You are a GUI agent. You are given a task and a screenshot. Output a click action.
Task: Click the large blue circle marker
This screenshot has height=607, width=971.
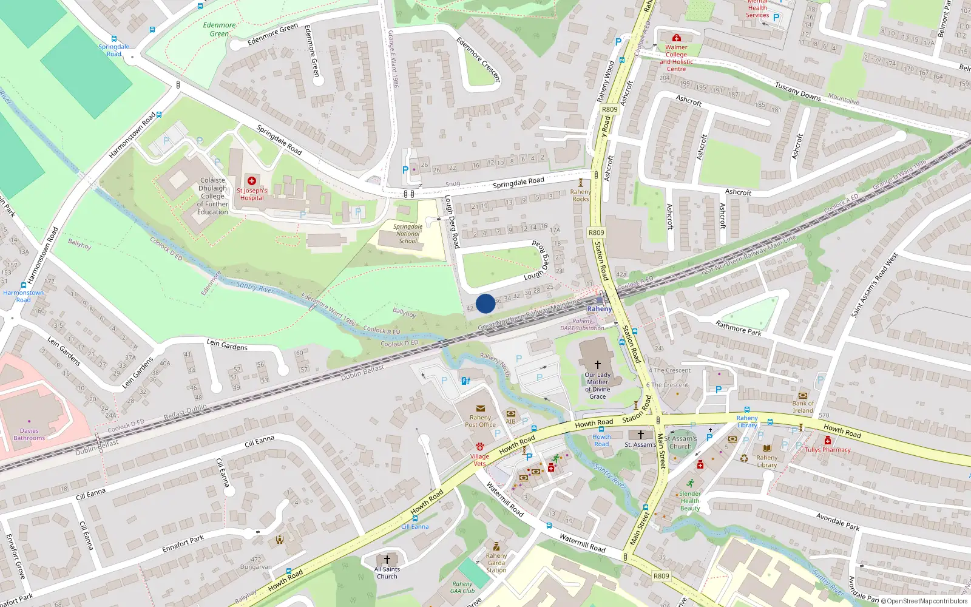pyautogui.click(x=485, y=303)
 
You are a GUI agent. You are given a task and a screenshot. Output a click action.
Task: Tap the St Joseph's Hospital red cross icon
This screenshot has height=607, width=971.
pyautogui.click(x=252, y=181)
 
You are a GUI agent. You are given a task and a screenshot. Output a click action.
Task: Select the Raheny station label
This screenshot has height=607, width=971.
pyautogui.click(x=600, y=309)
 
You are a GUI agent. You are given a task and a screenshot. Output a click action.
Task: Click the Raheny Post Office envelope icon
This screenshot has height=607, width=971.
pyautogui.click(x=481, y=409)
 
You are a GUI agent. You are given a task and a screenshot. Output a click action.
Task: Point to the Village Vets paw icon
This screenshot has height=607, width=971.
pyautogui.click(x=479, y=447)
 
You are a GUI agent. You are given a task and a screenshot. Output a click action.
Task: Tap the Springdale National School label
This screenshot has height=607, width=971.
pyautogui.click(x=408, y=234)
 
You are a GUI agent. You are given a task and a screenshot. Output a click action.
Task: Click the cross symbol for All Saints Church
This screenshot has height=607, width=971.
pyautogui.click(x=387, y=559)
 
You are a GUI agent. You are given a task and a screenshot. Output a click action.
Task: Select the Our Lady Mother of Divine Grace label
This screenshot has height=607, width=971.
pyautogui.click(x=598, y=385)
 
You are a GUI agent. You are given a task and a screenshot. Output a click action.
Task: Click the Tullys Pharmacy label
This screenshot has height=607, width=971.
pyautogui.click(x=828, y=450)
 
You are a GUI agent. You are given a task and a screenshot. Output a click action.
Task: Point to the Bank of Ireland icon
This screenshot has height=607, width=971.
pyautogui.click(x=803, y=395)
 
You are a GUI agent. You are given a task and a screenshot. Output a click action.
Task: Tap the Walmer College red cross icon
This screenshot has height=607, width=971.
pyautogui.click(x=677, y=38)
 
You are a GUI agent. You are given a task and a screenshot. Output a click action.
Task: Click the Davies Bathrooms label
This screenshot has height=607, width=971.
pyautogui.click(x=29, y=435)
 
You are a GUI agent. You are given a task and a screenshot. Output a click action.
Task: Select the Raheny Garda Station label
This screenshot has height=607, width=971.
pyautogui.click(x=496, y=563)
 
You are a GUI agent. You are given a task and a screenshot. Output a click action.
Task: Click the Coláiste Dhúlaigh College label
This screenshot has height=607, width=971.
pyautogui.click(x=212, y=196)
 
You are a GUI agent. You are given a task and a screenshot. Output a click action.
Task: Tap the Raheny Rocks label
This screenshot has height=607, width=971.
pyautogui.click(x=581, y=195)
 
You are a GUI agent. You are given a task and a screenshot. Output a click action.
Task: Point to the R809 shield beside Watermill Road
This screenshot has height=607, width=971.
pyautogui.click(x=661, y=576)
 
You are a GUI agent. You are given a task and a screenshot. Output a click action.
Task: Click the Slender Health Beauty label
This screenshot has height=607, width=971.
pyautogui.click(x=690, y=501)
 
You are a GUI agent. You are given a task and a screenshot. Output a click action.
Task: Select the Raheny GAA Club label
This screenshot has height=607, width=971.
pyautogui.click(x=462, y=588)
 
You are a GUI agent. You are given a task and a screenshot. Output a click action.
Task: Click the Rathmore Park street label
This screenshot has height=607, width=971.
pyautogui.click(x=738, y=328)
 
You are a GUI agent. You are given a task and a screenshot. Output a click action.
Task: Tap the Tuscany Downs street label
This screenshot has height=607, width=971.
pyautogui.click(x=797, y=92)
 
